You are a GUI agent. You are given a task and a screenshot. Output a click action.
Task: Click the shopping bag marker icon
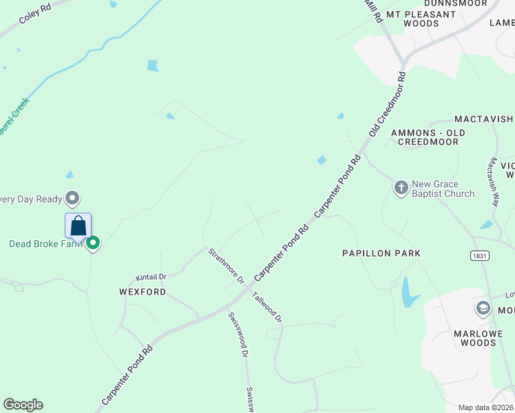click(78, 226)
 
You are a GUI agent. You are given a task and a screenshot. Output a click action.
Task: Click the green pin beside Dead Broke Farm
click(93, 243)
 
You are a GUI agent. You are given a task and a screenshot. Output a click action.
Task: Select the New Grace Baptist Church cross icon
click(401, 187)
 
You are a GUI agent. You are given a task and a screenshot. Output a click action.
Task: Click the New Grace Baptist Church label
click(443, 189)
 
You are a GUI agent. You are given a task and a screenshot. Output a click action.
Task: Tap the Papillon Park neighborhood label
click(381, 253)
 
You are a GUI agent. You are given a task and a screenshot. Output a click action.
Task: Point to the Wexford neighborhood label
click(143, 292)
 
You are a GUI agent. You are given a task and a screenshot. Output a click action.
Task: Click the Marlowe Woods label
click(483, 339)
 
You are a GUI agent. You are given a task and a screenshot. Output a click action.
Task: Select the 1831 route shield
click(481, 255)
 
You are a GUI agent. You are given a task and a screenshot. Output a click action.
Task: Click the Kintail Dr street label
click(151, 277)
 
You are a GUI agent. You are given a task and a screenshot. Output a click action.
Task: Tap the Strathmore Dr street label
click(227, 266)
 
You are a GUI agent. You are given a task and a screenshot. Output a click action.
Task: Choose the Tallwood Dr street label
click(267, 307)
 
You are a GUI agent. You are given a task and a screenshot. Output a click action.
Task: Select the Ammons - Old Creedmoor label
click(428, 137)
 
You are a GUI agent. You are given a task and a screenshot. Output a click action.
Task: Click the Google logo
click(23, 405)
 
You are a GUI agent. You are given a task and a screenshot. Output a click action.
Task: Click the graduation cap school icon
click(483, 308)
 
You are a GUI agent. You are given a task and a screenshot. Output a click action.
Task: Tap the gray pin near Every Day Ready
click(72, 199)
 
